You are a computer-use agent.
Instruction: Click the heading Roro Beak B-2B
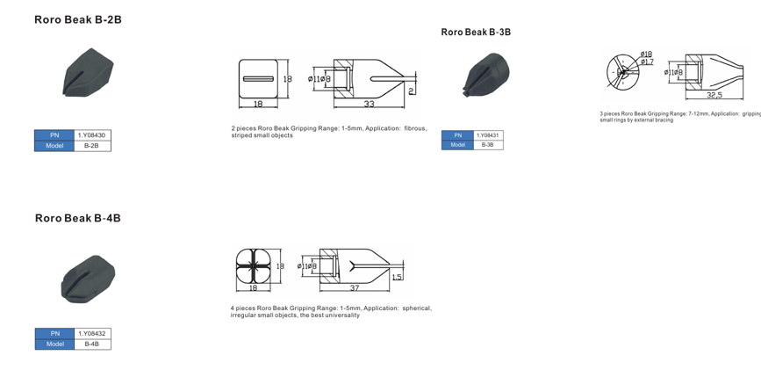(x=78, y=19)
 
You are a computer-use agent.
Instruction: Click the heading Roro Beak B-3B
(x=476, y=33)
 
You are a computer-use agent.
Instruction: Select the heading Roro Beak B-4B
(x=78, y=218)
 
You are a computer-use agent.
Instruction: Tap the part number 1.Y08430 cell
(x=93, y=135)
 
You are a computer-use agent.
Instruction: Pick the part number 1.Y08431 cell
(x=488, y=135)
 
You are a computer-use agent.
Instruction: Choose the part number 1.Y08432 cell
(x=92, y=334)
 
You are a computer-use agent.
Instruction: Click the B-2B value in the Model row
(x=92, y=146)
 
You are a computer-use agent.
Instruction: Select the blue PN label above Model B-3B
(x=457, y=135)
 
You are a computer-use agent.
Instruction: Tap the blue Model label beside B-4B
(x=54, y=344)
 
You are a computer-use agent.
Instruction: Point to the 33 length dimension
(x=369, y=105)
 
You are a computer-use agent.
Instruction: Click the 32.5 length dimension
(x=714, y=95)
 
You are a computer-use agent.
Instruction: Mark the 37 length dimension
(x=355, y=287)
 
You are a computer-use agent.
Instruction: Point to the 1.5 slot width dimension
(x=397, y=277)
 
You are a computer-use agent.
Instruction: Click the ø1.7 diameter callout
(x=647, y=62)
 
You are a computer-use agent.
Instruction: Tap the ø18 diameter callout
(x=646, y=54)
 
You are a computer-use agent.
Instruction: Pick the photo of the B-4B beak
(x=88, y=278)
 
